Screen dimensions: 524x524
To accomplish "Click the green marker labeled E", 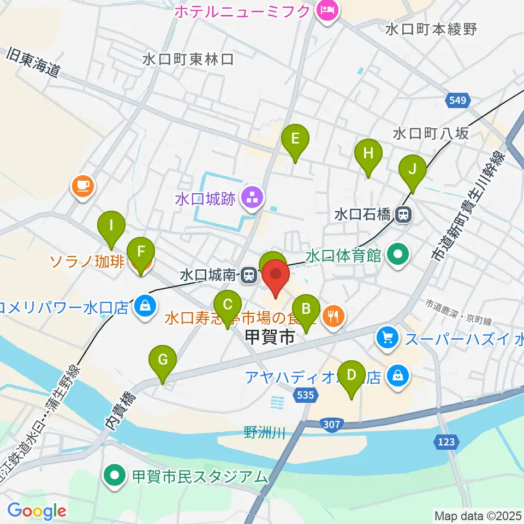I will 295,139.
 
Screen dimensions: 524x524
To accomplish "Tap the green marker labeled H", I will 368,153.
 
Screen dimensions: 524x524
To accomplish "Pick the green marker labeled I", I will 111,225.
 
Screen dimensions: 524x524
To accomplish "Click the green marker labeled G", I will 163,360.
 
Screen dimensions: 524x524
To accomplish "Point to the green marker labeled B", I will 306,309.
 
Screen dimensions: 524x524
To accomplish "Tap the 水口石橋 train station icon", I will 404,215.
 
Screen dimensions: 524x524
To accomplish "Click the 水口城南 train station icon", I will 249,275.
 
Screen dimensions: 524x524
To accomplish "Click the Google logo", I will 37,510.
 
